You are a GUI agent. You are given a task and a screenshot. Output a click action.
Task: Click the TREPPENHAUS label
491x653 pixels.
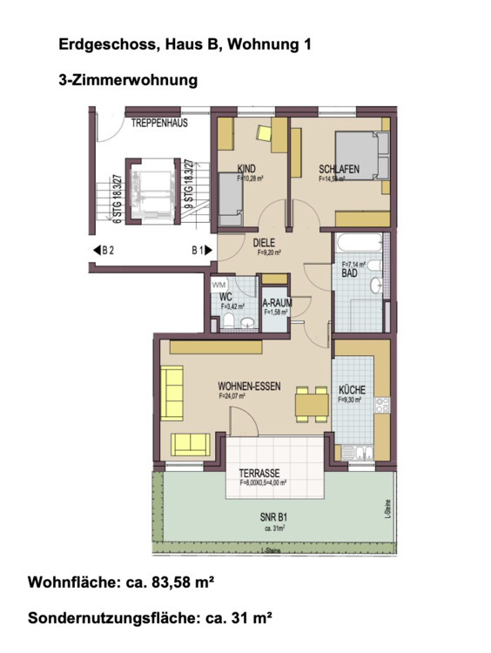pyautogui.click(x=159, y=124)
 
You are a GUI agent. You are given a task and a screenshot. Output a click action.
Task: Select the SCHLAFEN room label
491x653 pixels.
pyautogui.click(x=338, y=170)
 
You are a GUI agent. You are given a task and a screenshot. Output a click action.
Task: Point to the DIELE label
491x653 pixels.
pyautogui.click(x=264, y=245)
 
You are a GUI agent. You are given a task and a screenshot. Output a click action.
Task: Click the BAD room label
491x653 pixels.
pyautogui.click(x=349, y=273)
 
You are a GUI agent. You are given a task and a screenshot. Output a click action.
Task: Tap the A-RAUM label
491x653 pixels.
pyautogui.click(x=276, y=303)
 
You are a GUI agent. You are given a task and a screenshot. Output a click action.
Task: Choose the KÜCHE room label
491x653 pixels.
pyautogui.click(x=353, y=390)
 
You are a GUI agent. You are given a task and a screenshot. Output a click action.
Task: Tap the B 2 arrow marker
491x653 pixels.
pyautogui.click(x=105, y=250)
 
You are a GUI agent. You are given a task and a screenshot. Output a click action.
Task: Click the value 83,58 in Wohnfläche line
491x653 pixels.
pyautogui.click(x=170, y=582)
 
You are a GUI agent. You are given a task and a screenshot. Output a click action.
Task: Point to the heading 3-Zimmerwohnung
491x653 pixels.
pyautogui.click(x=127, y=80)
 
